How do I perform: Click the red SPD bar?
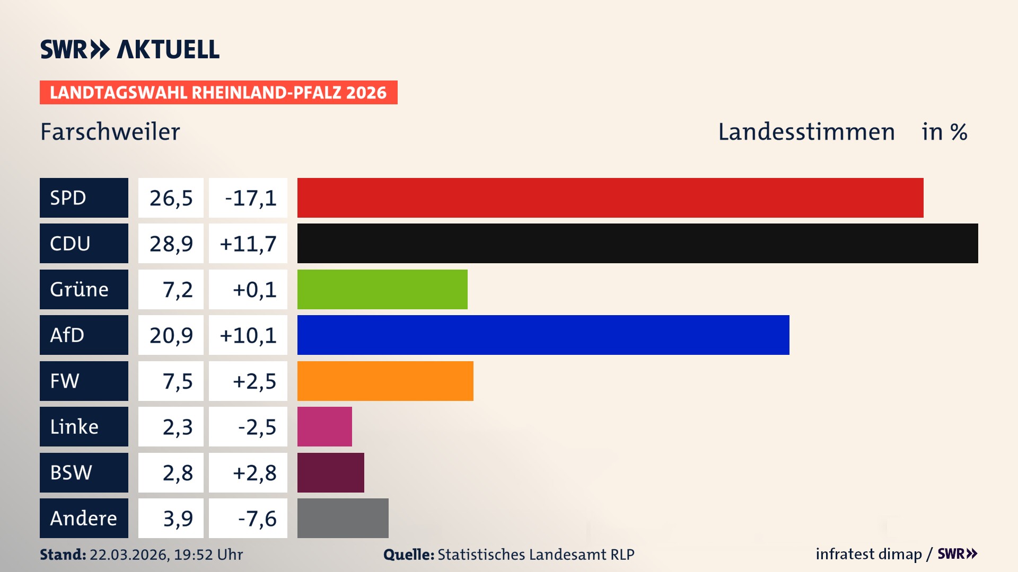610,198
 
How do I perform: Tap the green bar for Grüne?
382,289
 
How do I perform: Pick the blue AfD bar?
543,335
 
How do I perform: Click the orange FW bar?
385,381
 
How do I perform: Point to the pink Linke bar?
324,426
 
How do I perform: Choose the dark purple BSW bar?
330,472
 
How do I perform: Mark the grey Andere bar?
343,518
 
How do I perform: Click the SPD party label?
84,198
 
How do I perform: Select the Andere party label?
84,518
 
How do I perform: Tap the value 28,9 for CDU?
171,244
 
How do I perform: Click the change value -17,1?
248,198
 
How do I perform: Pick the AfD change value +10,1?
248,335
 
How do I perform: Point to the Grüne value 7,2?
177,290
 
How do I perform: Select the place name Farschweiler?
110,132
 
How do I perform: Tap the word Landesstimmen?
806,132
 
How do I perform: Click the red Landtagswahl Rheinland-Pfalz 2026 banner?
218,93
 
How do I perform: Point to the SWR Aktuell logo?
130,49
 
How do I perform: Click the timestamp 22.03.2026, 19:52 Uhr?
165,555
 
